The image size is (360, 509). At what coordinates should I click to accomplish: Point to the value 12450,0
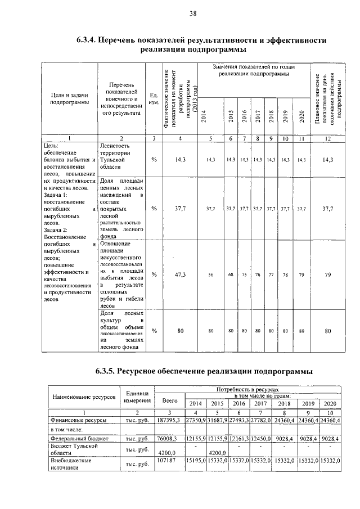click(x=262, y=438)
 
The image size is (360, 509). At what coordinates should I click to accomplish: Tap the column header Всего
click(x=169, y=400)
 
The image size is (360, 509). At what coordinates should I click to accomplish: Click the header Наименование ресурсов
click(x=84, y=397)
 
